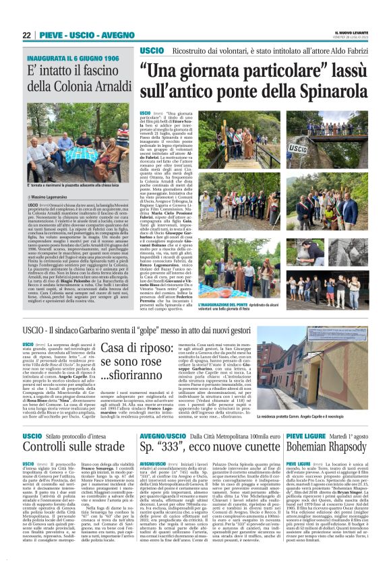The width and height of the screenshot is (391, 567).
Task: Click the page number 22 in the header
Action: (26, 35)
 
